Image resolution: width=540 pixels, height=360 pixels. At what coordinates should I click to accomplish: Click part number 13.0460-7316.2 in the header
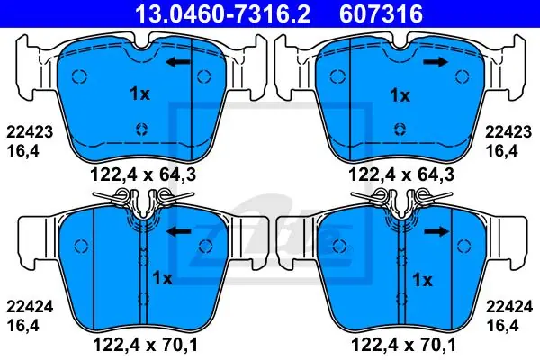[223, 13]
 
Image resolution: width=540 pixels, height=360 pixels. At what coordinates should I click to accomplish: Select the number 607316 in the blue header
[381, 13]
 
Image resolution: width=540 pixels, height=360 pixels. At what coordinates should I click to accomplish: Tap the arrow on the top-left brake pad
[177, 62]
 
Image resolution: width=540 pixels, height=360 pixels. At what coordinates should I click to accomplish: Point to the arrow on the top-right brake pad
[436, 62]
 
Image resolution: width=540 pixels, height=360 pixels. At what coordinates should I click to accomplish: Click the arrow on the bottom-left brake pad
[178, 231]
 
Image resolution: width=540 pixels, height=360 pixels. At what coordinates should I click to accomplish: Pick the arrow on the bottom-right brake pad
[436, 231]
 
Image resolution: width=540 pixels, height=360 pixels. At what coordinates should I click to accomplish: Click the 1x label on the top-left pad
[139, 94]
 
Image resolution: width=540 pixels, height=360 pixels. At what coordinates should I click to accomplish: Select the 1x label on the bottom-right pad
[422, 280]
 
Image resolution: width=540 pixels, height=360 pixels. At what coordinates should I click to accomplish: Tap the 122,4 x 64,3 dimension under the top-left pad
[143, 175]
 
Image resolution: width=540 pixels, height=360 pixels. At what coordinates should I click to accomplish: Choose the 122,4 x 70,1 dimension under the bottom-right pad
[403, 345]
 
